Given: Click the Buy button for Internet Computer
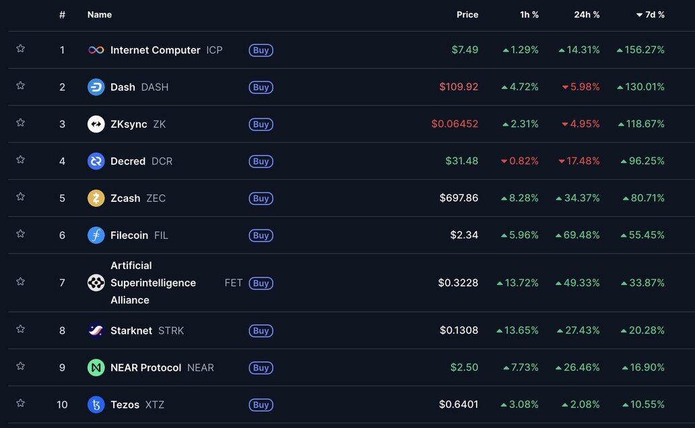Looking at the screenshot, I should [x=261, y=50].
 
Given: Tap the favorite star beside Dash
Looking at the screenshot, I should [x=20, y=85].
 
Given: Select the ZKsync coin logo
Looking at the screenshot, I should [x=96, y=124].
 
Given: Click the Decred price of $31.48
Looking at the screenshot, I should [x=461, y=161].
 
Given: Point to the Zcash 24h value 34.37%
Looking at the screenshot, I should [x=577, y=198].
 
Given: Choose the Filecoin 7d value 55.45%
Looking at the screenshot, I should [x=643, y=235].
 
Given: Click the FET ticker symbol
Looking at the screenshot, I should [x=233, y=283].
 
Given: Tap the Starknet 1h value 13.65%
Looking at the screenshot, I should [x=517, y=330].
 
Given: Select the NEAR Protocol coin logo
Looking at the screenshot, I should [x=96, y=367].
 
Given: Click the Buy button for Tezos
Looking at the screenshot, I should [x=261, y=404].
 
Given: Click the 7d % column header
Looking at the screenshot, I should [x=651, y=15].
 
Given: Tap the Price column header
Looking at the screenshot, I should [x=467, y=15].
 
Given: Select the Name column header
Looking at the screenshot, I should [x=100, y=15].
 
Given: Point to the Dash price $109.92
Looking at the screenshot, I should [x=459, y=87].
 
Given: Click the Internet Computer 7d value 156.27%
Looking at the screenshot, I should [x=640, y=50].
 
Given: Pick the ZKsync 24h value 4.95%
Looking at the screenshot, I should [x=581, y=124].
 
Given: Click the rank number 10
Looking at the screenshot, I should [x=62, y=404].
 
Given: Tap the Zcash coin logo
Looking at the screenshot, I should [x=96, y=198].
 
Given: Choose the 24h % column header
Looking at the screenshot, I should [x=587, y=15].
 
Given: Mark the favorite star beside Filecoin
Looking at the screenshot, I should [x=20, y=234].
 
